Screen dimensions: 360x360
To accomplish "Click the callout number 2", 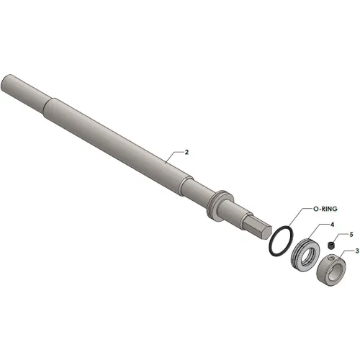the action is click(x=186, y=152).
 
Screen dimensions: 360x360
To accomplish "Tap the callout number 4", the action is click(x=332, y=225).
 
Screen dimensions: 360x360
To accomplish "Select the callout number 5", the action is click(x=351, y=235).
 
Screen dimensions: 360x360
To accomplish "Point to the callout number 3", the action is click(x=357, y=251).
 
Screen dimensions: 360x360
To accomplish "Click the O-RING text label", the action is click(x=325, y=209).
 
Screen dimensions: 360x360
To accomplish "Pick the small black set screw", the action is click(x=331, y=245).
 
